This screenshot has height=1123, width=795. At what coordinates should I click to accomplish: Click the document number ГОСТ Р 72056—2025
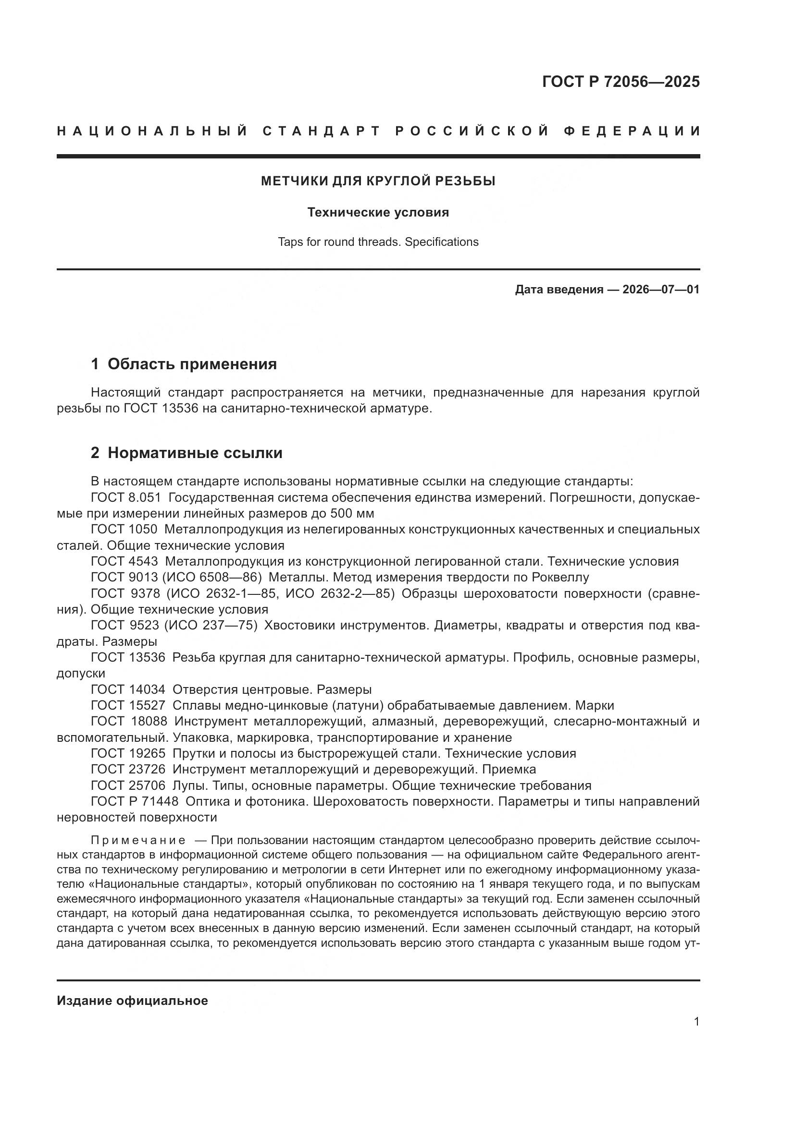click(621, 82)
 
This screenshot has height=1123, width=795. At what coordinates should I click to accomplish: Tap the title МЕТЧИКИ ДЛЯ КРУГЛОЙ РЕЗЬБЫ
click(378, 181)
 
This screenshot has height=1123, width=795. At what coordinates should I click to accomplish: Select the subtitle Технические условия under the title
click(378, 213)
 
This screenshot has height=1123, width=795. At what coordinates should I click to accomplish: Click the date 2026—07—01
click(661, 290)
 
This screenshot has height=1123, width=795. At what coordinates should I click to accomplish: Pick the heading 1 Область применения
click(184, 364)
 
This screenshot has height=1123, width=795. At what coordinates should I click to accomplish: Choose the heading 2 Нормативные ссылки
click(186, 453)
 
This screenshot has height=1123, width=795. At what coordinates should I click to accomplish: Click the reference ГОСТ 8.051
click(126, 497)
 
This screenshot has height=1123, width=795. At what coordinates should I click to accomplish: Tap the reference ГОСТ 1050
click(124, 529)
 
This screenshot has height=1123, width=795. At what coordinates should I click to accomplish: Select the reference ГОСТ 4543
click(124, 562)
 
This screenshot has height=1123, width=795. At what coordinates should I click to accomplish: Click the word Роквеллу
click(560, 577)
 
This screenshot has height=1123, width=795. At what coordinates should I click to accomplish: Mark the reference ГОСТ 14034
click(128, 689)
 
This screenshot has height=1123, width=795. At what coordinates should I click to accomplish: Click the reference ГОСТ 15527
click(128, 705)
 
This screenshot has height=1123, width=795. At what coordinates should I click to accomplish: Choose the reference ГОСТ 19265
click(128, 753)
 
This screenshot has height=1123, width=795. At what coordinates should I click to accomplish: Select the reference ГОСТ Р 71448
click(135, 802)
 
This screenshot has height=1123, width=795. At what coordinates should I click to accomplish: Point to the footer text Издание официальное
click(132, 1001)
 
